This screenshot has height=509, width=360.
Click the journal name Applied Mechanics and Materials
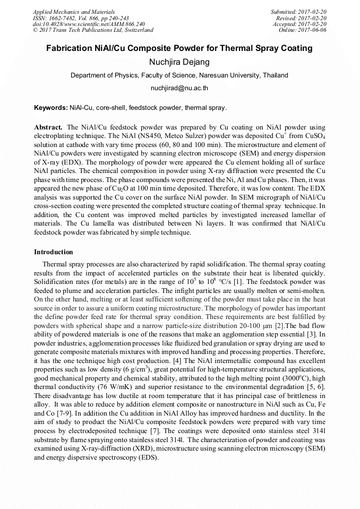tap(74, 11)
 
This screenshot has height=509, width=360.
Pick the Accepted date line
tap(299, 24)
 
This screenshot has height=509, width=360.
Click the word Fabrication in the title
tap(70, 48)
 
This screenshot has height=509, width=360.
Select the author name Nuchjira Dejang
tap(179, 62)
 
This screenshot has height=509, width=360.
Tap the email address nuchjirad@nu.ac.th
tap(179, 88)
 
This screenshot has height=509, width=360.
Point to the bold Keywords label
tap(50, 108)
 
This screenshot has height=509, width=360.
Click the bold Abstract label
tap(48, 128)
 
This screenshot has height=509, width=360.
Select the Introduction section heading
tap(54, 252)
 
